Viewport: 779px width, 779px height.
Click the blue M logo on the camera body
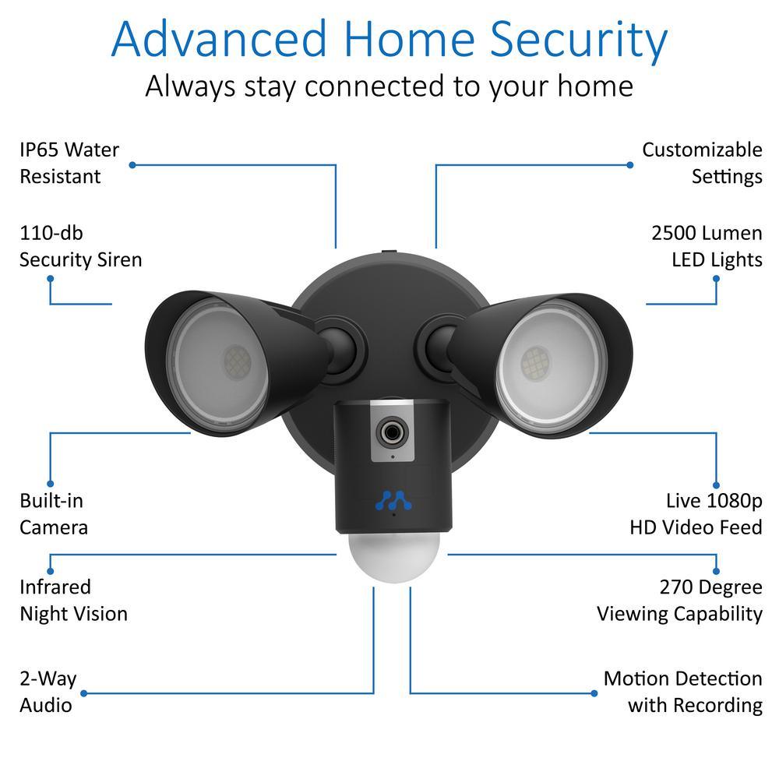click(x=392, y=499)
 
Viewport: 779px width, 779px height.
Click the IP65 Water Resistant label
click(x=69, y=163)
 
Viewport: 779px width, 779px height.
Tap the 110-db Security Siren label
click(x=81, y=246)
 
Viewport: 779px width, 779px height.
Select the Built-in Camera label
click(x=54, y=513)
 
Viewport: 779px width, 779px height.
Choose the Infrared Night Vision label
click(x=73, y=600)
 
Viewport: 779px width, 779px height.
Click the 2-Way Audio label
click(x=48, y=692)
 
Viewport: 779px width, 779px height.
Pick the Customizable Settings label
click(x=702, y=163)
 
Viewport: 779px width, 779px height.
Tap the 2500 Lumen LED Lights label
click(x=707, y=246)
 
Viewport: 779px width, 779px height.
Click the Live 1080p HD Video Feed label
click(x=696, y=513)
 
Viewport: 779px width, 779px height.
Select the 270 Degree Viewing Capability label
click(x=679, y=600)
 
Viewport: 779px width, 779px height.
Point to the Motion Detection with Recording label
click(x=682, y=692)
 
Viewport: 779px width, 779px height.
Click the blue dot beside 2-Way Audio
click(x=84, y=693)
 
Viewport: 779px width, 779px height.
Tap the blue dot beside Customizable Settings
click(x=630, y=165)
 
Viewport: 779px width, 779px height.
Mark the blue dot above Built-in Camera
click(x=51, y=484)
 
